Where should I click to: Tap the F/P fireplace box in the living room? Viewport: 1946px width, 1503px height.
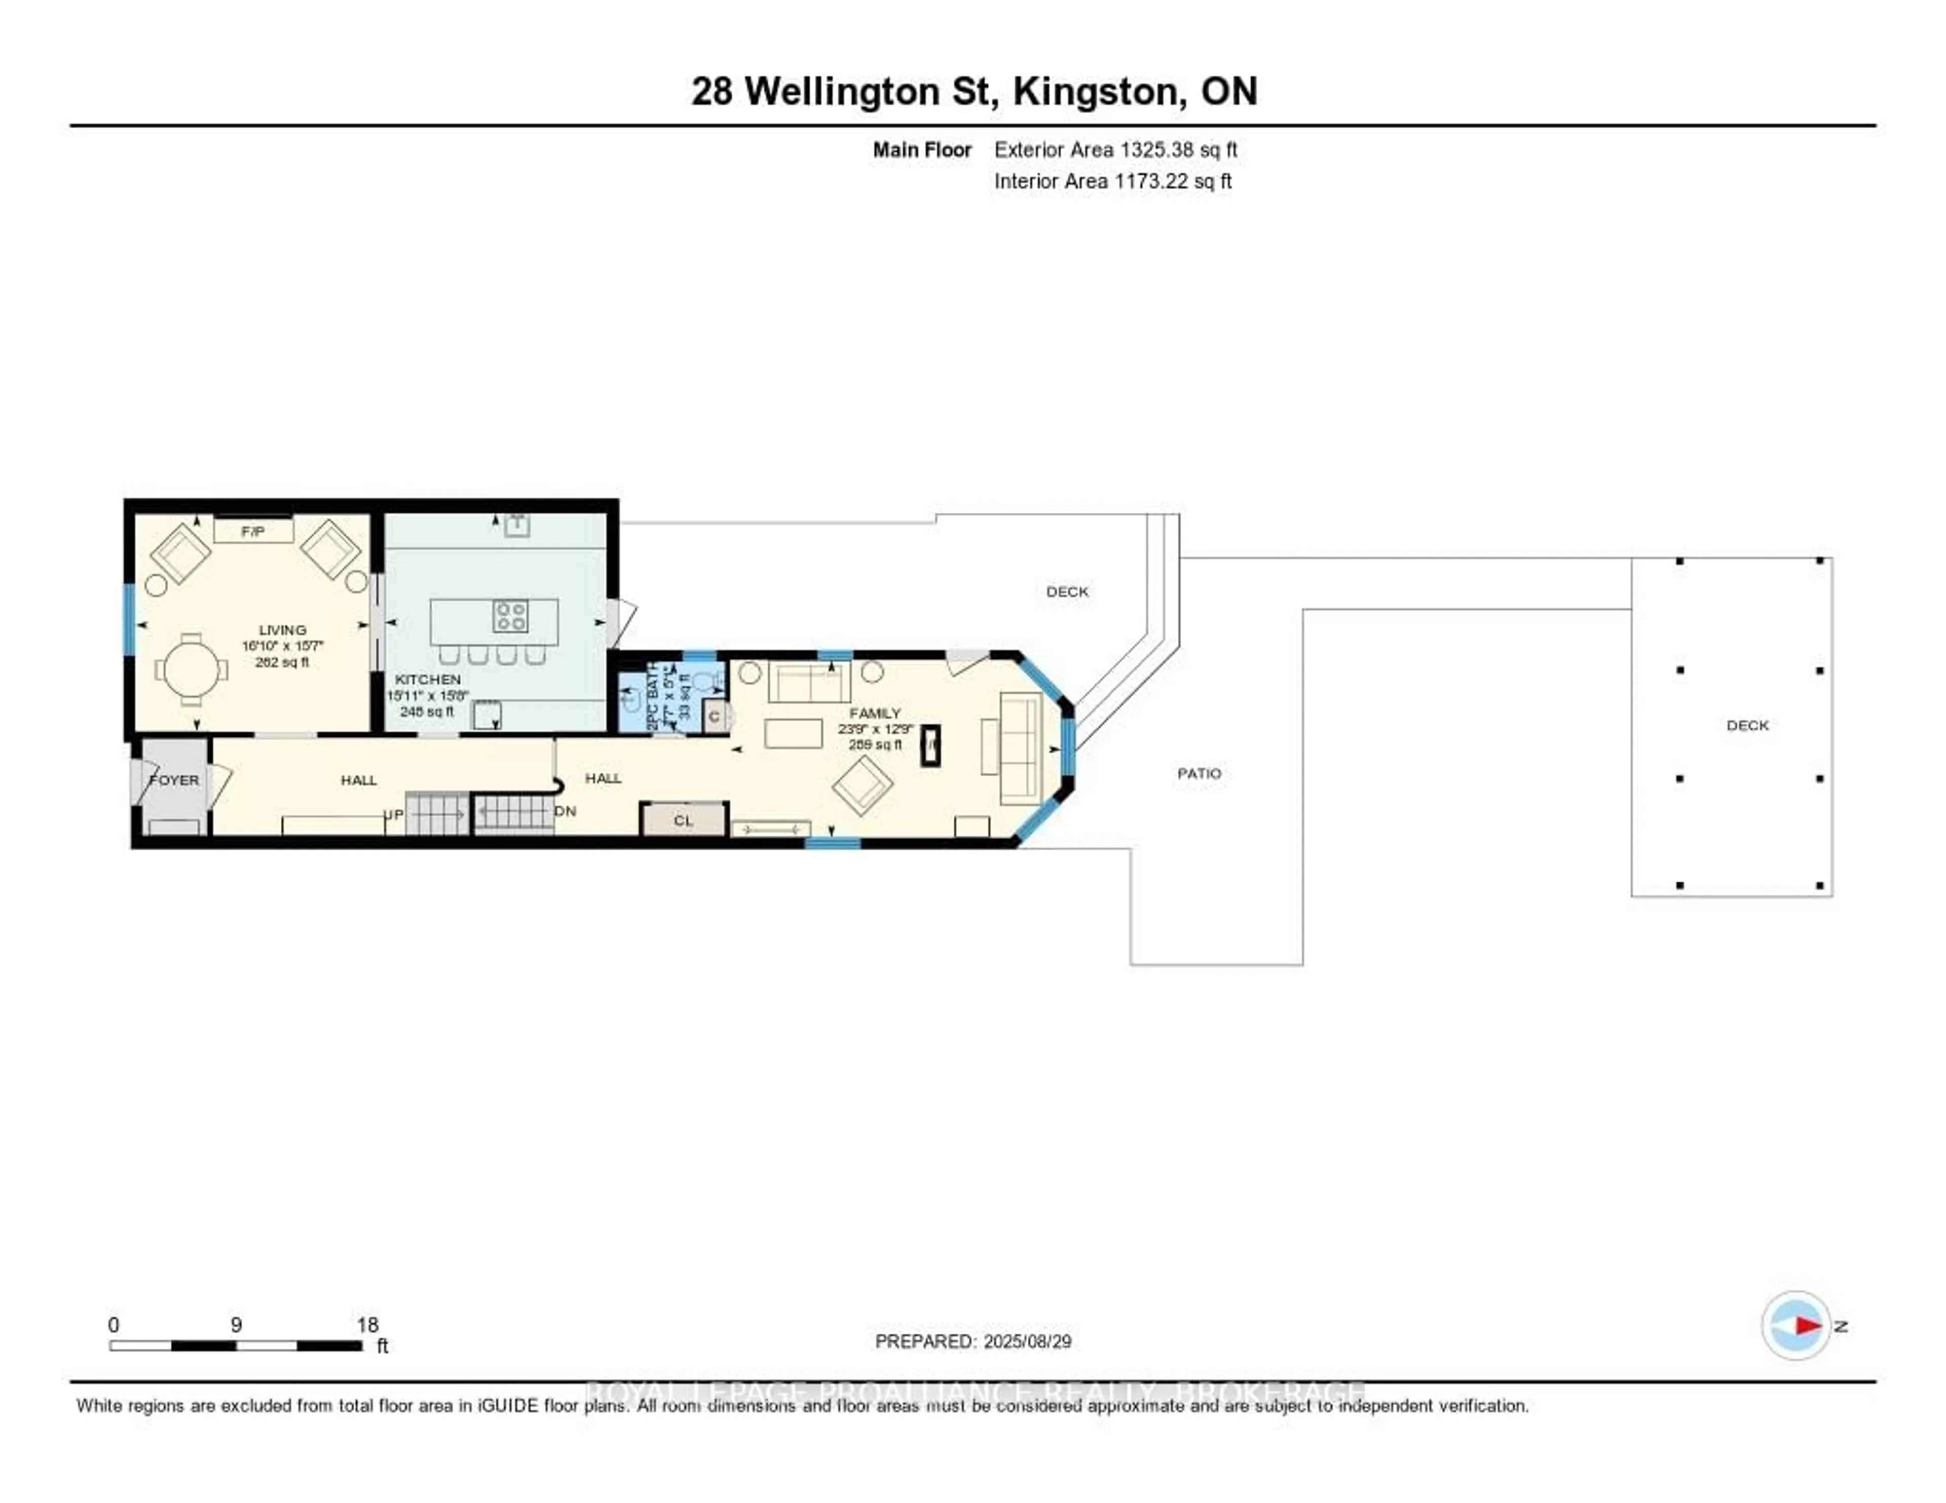(x=253, y=532)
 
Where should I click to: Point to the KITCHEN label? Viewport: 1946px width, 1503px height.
(x=428, y=679)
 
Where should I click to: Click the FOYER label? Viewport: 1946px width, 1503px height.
(x=175, y=779)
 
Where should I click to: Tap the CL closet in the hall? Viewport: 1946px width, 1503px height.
(x=684, y=819)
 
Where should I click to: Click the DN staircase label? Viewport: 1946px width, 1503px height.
(x=565, y=811)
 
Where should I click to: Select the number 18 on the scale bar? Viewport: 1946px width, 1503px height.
(x=367, y=1325)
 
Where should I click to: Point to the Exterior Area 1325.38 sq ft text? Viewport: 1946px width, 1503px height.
(x=1115, y=149)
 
